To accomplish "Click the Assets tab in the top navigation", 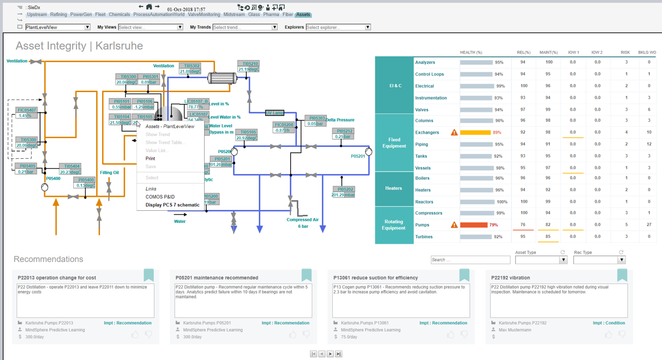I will (x=303, y=15).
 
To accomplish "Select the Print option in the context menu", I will (x=150, y=158).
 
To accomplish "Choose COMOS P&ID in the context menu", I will (x=160, y=197).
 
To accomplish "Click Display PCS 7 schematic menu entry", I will (x=172, y=205).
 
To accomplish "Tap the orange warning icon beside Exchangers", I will (x=454, y=133).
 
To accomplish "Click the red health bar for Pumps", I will (x=473, y=225).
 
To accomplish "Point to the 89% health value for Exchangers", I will (x=497, y=133).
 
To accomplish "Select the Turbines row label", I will (x=424, y=237).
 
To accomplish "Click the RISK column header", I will (x=625, y=52).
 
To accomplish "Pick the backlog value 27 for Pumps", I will (x=649, y=225).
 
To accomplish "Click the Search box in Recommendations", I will (x=470, y=260).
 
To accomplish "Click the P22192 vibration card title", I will (x=510, y=277).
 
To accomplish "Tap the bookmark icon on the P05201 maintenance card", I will (x=306, y=275).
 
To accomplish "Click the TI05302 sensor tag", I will (x=192, y=66).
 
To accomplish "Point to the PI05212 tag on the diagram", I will (x=343, y=131).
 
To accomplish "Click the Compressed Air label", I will (x=302, y=219).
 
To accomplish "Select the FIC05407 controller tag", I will (x=27, y=110).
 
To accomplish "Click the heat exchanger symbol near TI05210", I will (x=222, y=78).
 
